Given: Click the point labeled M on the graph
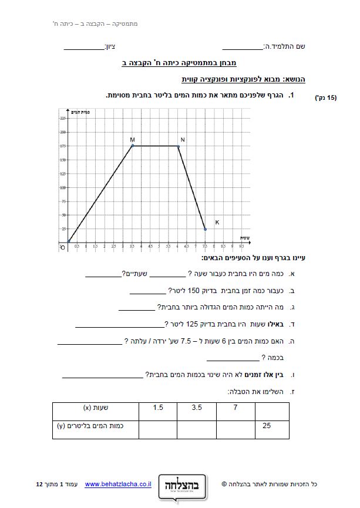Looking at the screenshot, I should [133, 146].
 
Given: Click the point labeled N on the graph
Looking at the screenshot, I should [178, 146].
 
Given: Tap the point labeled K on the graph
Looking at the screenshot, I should [205, 229].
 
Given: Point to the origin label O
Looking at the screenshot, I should [63, 247].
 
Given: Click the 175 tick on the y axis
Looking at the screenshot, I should [63, 146].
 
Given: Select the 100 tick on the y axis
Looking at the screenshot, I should [63, 187].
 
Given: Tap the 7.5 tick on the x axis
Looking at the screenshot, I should [205, 246].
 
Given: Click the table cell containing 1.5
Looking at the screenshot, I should [158, 407].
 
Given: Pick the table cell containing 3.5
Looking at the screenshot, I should [197, 407].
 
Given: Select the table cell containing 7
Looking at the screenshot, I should [235, 407].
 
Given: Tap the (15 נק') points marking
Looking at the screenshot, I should [326, 98].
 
